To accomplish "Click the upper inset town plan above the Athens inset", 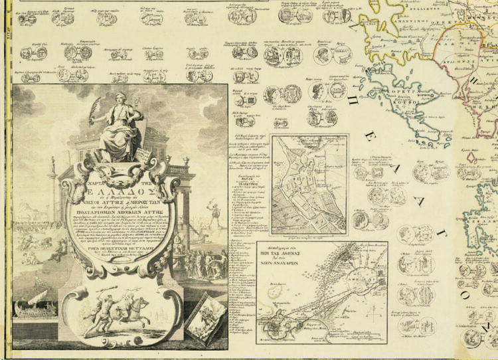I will click(x=309, y=184).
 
